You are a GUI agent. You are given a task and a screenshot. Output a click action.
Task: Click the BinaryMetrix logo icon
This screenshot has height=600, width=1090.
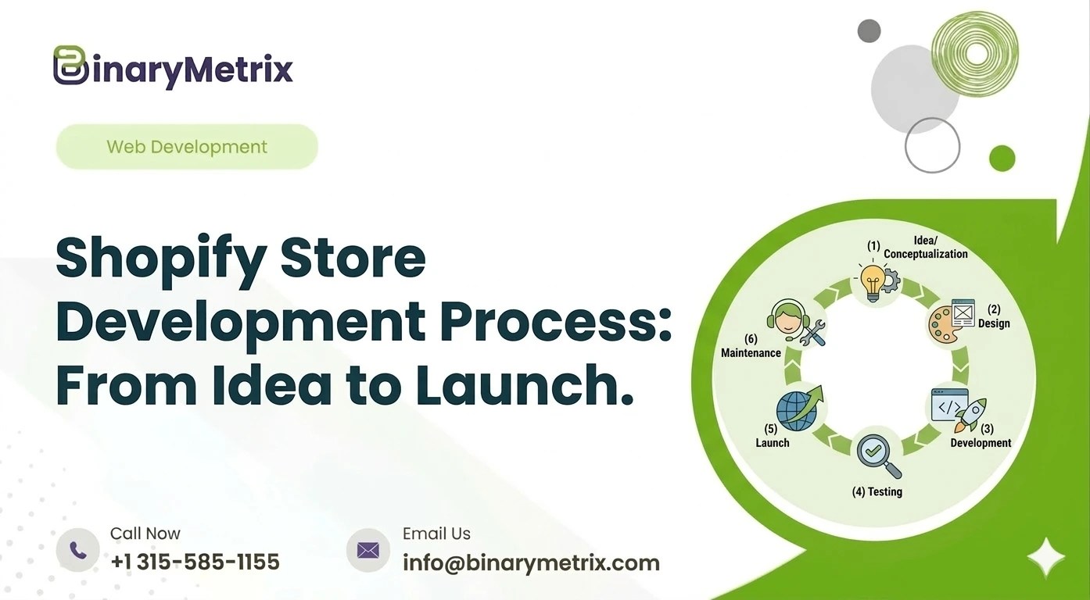pos(70,66)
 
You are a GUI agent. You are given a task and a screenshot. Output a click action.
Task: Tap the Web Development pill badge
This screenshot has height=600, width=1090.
pos(187,147)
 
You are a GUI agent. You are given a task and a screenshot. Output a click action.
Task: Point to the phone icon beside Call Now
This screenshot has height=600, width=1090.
pos(78,550)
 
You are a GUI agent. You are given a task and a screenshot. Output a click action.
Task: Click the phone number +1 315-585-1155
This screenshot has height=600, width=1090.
pos(195,562)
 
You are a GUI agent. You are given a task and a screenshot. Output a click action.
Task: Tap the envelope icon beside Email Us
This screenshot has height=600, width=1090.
pos(368,550)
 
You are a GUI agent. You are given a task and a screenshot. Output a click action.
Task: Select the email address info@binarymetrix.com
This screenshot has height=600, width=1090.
pos(531,562)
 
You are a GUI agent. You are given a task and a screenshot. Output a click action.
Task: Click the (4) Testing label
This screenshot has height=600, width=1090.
pos(877,492)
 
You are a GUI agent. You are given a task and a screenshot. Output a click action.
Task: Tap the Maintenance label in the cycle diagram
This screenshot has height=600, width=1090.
pos(751,353)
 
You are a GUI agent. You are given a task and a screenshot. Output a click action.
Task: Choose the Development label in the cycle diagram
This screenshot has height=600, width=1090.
pos(981,443)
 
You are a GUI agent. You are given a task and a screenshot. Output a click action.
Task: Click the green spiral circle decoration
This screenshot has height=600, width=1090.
pos(974,53)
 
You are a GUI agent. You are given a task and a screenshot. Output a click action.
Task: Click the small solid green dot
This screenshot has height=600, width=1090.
pos(1002,159)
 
